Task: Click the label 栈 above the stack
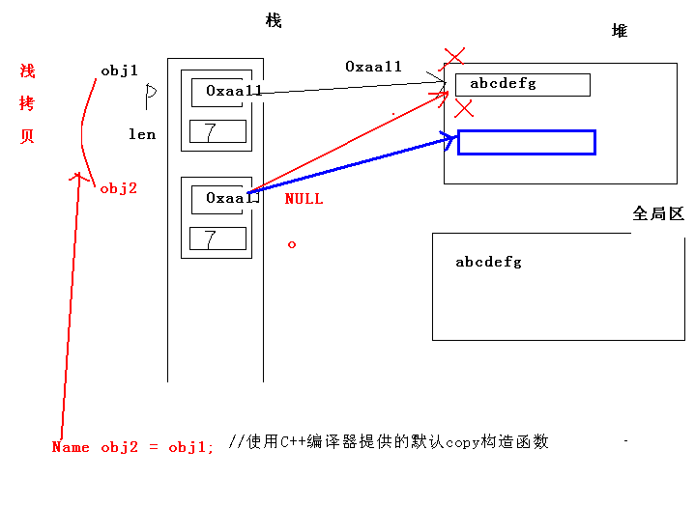[x=274, y=21]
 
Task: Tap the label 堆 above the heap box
[x=620, y=31]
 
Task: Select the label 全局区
[x=658, y=213]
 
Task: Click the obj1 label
[x=119, y=70]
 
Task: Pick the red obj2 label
[x=119, y=188]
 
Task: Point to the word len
[x=142, y=134]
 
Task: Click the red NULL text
[x=304, y=199]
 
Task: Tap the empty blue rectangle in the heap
[x=526, y=142]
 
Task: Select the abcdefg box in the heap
[x=522, y=84]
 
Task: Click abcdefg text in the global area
[x=488, y=262]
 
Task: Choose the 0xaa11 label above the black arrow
[x=373, y=67]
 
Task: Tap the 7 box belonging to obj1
[x=217, y=131]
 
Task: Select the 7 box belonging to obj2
[x=217, y=239]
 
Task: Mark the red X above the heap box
[x=452, y=56]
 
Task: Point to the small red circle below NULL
[x=292, y=244]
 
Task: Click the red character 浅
[x=27, y=71]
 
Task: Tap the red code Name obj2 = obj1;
[x=133, y=447]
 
